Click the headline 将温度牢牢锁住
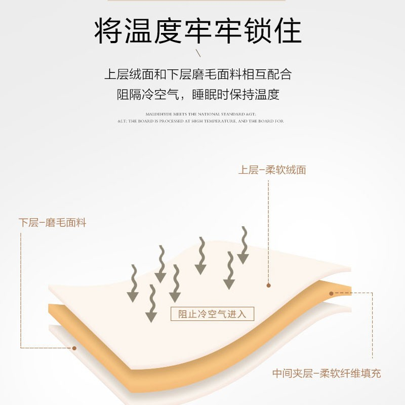click(198, 31)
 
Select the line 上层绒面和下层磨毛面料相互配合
click(198, 74)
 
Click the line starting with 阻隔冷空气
click(198, 95)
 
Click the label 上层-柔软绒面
click(272, 170)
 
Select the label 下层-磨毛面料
click(53, 223)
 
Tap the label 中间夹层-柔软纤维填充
click(327, 374)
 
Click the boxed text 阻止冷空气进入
click(212, 314)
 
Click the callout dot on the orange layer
click(331, 293)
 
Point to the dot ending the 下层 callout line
click(74, 348)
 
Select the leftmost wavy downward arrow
click(133, 283)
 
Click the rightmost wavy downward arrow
click(244, 246)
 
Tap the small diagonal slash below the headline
click(198, 53)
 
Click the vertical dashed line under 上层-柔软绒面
click(269, 228)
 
